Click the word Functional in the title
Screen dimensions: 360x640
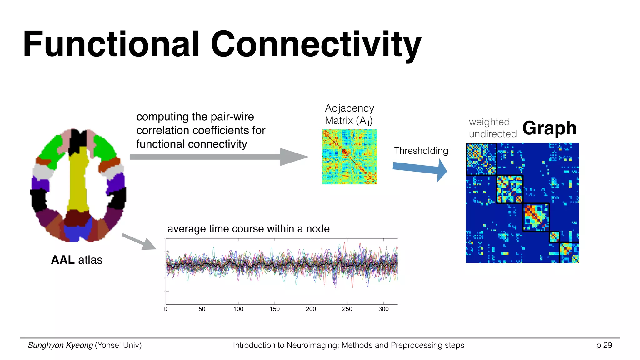pyautogui.click(x=111, y=44)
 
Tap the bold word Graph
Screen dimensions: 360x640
pyautogui.click(x=549, y=128)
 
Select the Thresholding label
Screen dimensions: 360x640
pyautogui.click(x=421, y=151)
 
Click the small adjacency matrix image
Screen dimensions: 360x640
pyautogui.click(x=349, y=157)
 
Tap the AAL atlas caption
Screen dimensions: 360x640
pyautogui.click(x=77, y=260)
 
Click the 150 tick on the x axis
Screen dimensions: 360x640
pyautogui.click(x=274, y=309)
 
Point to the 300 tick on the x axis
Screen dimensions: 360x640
pyautogui.click(x=383, y=309)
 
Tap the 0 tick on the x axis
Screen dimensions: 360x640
pyautogui.click(x=166, y=309)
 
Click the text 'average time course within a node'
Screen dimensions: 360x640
pyautogui.click(x=248, y=229)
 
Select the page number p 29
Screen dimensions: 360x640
pyautogui.click(x=604, y=345)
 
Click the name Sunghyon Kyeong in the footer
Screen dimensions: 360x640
pyautogui.click(x=60, y=345)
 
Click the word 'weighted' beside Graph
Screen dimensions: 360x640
pyautogui.click(x=489, y=122)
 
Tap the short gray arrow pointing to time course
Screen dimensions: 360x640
pyautogui.click(x=139, y=242)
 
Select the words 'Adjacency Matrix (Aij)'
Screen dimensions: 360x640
pyautogui.click(x=349, y=114)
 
